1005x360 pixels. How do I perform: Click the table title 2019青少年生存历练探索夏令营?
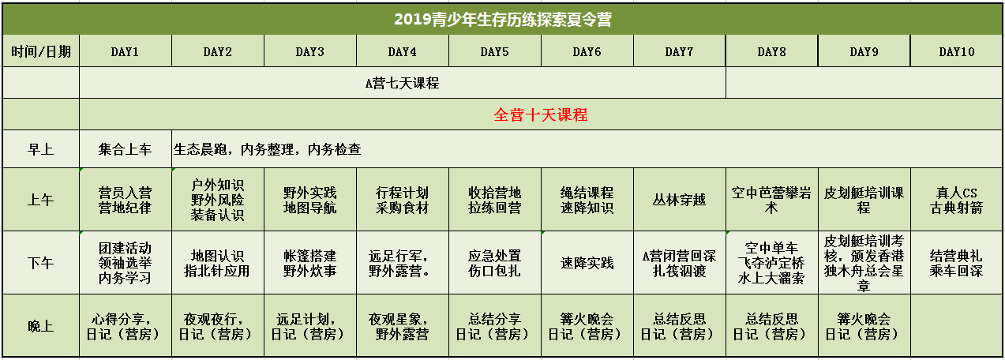click(502, 19)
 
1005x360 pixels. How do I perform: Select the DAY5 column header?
click(494, 51)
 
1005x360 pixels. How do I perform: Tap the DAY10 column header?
click(957, 51)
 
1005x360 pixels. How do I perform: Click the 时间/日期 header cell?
click(41, 51)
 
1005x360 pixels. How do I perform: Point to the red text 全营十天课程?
click(541, 115)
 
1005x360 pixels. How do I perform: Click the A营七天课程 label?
click(402, 83)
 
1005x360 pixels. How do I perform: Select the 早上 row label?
click(41, 149)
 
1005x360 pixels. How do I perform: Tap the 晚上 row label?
click(41, 326)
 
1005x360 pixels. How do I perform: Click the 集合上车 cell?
click(126, 149)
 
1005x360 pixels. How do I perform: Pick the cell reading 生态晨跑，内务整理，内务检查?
click(268, 149)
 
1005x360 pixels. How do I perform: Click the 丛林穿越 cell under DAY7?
click(679, 200)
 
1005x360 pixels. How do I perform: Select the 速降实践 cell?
click(587, 263)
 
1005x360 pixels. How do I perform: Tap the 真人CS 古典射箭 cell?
click(957, 201)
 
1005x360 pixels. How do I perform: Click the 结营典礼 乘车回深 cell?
click(957, 264)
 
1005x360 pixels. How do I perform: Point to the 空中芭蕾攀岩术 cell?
click(771, 201)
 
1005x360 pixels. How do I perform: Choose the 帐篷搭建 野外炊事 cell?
click(310, 264)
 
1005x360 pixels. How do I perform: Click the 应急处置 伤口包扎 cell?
click(494, 264)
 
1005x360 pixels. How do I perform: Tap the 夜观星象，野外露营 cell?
click(402, 326)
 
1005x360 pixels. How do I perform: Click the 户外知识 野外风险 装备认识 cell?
click(218, 201)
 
